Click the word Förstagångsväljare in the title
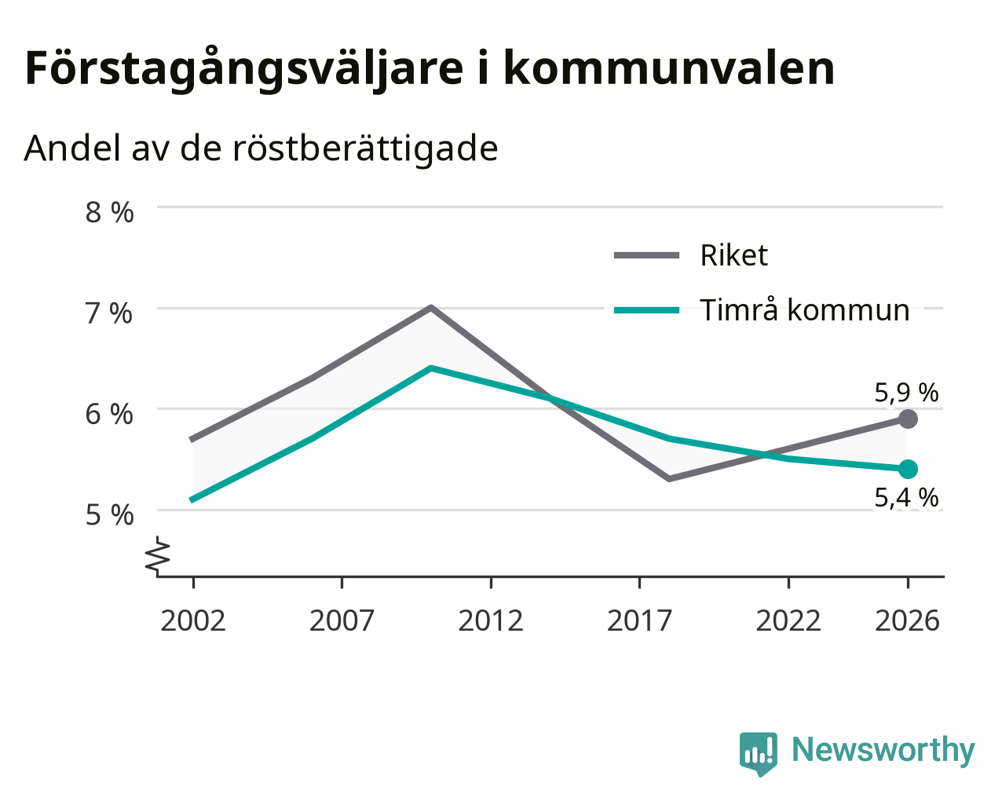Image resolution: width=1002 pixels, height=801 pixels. coord(244,69)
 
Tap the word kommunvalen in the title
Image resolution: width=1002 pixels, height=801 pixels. coord(669,68)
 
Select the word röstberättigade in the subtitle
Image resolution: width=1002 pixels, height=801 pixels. coord(365,148)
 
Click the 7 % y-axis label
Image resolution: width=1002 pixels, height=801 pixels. coord(108,313)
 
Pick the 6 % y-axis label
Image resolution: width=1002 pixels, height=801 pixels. coord(109,414)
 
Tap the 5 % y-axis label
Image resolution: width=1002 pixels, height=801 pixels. coord(109,515)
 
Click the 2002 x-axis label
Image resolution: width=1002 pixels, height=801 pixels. coord(192,620)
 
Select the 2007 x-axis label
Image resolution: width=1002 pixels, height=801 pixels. coord(342,620)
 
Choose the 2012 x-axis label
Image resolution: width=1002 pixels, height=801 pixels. coord(491,620)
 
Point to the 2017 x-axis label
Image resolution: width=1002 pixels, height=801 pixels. coord(639,620)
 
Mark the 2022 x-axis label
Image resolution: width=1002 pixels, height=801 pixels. coord(788,620)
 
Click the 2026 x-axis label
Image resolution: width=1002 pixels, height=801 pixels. coord(908,620)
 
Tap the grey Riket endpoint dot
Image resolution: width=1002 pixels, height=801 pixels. coord(908,419)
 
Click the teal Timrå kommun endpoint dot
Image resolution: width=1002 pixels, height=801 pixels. coord(908,469)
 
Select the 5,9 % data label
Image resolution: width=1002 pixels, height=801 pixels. coord(906,393)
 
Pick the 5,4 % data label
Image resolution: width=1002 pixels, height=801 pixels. coord(906,497)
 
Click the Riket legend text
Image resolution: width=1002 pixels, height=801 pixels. coord(733,255)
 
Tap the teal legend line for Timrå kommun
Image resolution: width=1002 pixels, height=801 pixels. coord(647,310)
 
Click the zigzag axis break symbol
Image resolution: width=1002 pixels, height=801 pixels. coord(157,554)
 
